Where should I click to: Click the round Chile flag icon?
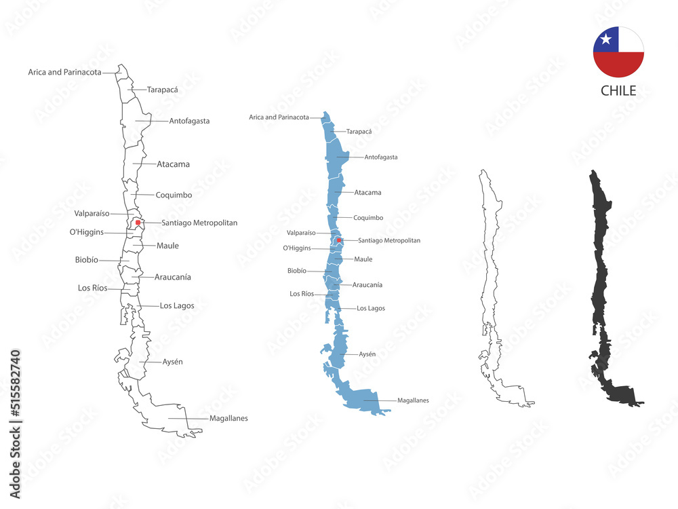coord(618,52)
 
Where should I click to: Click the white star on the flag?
coord(606,40)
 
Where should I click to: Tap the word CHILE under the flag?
coord(618,91)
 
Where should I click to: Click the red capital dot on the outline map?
coord(138,222)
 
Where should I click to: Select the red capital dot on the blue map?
coord(339,240)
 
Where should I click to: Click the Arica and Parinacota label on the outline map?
coord(65,71)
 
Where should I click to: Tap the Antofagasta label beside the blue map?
coord(381,157)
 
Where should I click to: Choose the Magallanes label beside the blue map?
coord(413,400)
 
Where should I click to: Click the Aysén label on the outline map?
coord(172,362)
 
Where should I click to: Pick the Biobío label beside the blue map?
coord(297,271)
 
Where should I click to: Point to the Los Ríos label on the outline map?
coord(93,288)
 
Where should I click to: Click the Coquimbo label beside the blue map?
coord(368,218)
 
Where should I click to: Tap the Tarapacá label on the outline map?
coord(163,89)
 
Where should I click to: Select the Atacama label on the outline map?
coord(173,164)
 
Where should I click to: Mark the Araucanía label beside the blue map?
coord(367,285)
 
